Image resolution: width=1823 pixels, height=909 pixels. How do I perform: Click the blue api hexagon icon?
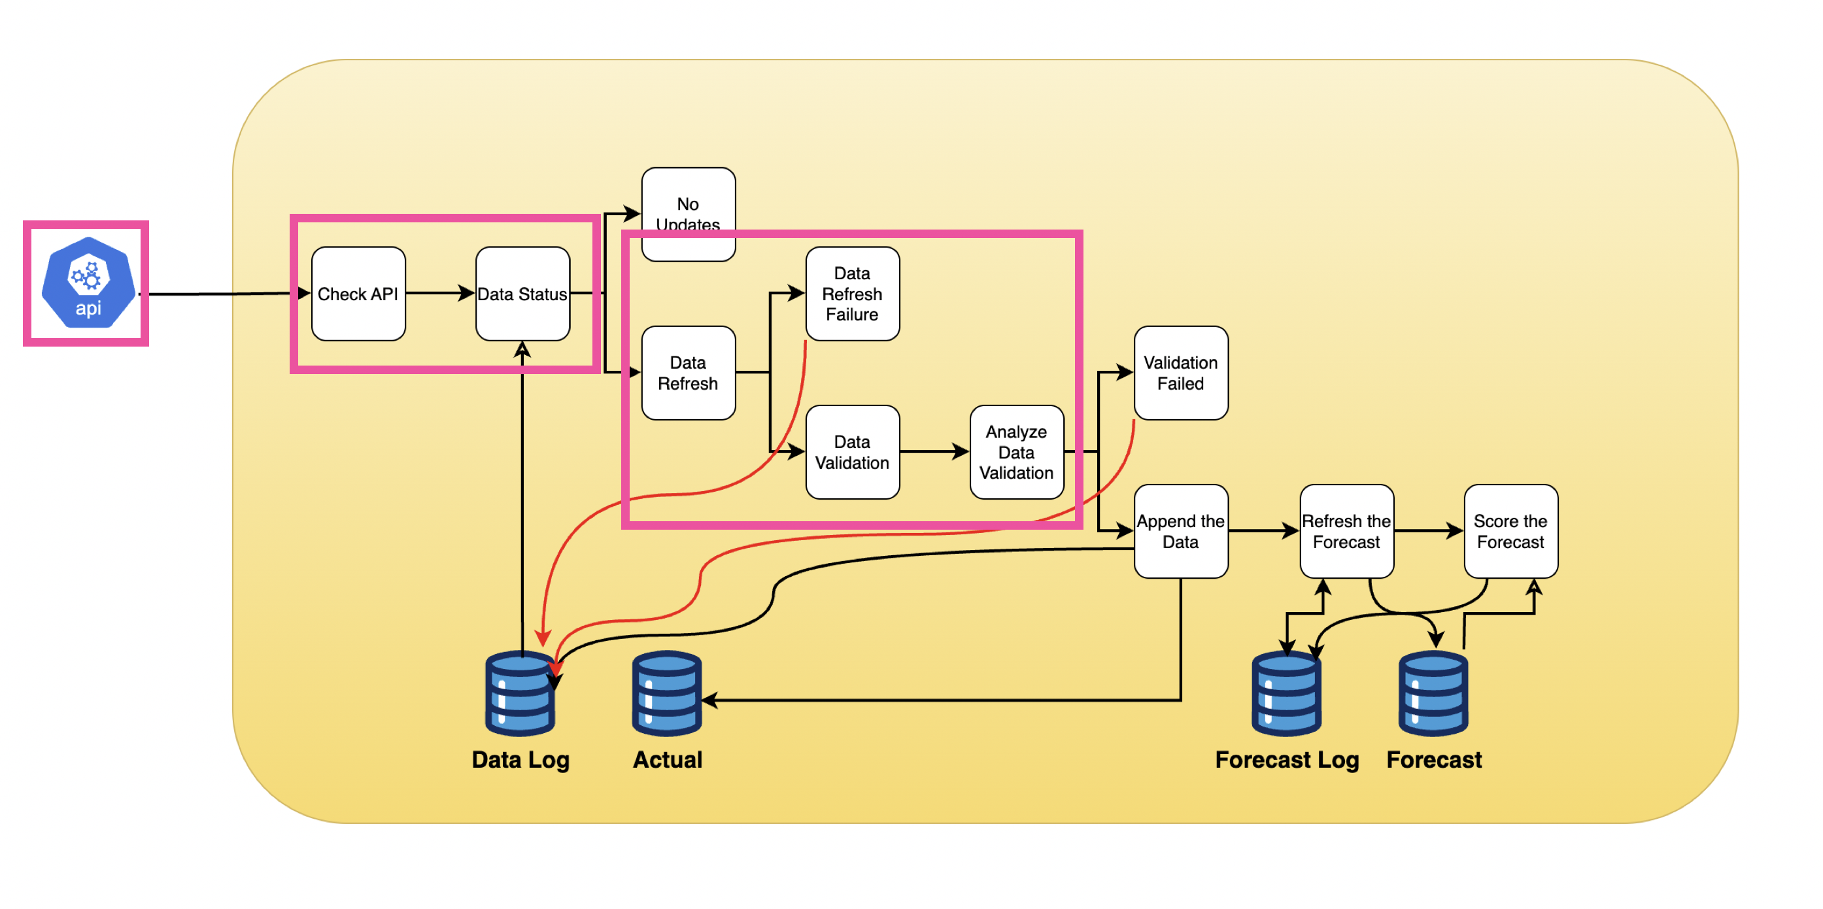pyautogui.click(x=88, y=283)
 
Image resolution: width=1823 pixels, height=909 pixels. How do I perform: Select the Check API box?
pyautogui.click(x=358, y=293)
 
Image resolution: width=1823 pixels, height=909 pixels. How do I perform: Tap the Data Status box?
pyautogui.click(x=522, y=293)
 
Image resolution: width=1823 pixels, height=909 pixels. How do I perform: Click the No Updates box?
pyautogui.click(x=688, y=205)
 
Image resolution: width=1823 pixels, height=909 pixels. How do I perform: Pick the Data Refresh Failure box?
pyautogui.click(x=852, y=293)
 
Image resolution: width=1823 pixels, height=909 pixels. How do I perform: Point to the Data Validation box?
pyautogui.click(x=852, y=452)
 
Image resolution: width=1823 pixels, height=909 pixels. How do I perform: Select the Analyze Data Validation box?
pyautogui.click(x=1016, y=452)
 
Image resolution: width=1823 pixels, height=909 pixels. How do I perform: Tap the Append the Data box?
pyautogui.click(x=1180, y=531)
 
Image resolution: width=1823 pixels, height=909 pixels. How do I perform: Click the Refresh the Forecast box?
pyautogui.click(x=1346, y=531)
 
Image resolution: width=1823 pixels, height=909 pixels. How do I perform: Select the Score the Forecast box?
pyautogui.click(x=1510, y=531)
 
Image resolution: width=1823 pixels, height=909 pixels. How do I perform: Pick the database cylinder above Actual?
pyautogui.click(x=667, y=694)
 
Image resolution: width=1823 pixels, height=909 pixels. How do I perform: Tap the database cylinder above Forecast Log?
pyautogui.click(x=1286, y=694)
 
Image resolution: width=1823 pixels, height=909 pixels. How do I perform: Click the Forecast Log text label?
pyautogui.click(x=1287, y=760)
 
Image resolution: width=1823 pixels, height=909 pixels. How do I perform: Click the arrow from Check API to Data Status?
pyautogui.click(x=440, y=293)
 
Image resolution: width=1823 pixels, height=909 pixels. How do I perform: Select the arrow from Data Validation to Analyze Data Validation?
pyautogui.click(x=934, y=452)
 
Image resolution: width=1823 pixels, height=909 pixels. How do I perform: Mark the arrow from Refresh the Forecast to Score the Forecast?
pyautogui.click(x=1428, y=531)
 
